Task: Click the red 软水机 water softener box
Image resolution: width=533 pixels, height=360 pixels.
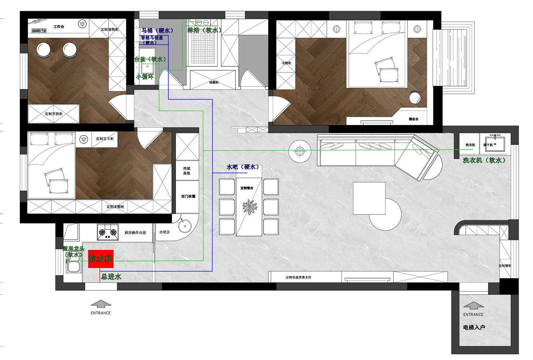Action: click(x=101, y=259)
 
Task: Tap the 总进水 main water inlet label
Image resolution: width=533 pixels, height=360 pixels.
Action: click(x=111, y=277)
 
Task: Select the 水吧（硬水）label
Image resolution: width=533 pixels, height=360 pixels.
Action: click(x=242, y=167)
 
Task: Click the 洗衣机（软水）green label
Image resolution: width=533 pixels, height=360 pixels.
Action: click(x=484, y=161)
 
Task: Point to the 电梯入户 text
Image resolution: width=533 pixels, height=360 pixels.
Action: click(x=474, y=327)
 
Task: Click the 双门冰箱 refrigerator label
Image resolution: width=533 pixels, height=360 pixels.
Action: click(x=188, y=196)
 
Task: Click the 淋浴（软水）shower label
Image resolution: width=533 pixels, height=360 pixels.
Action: click(x=204, y=30)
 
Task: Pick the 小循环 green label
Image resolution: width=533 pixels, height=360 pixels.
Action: click(x=145, y=76)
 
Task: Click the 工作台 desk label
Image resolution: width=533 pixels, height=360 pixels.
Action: click(x=59, y=27)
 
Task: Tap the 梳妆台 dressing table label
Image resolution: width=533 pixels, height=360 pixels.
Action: click(x=413, y=119)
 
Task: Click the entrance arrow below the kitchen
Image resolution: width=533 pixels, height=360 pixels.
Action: click(x=101, y=304)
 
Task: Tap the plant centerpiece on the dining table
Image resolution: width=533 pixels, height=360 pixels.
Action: click(x=249, y=209)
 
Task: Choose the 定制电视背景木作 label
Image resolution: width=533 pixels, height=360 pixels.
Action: click(x=298, y=277)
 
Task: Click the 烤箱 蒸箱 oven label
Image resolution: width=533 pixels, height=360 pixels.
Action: click(x=187, y=170)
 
